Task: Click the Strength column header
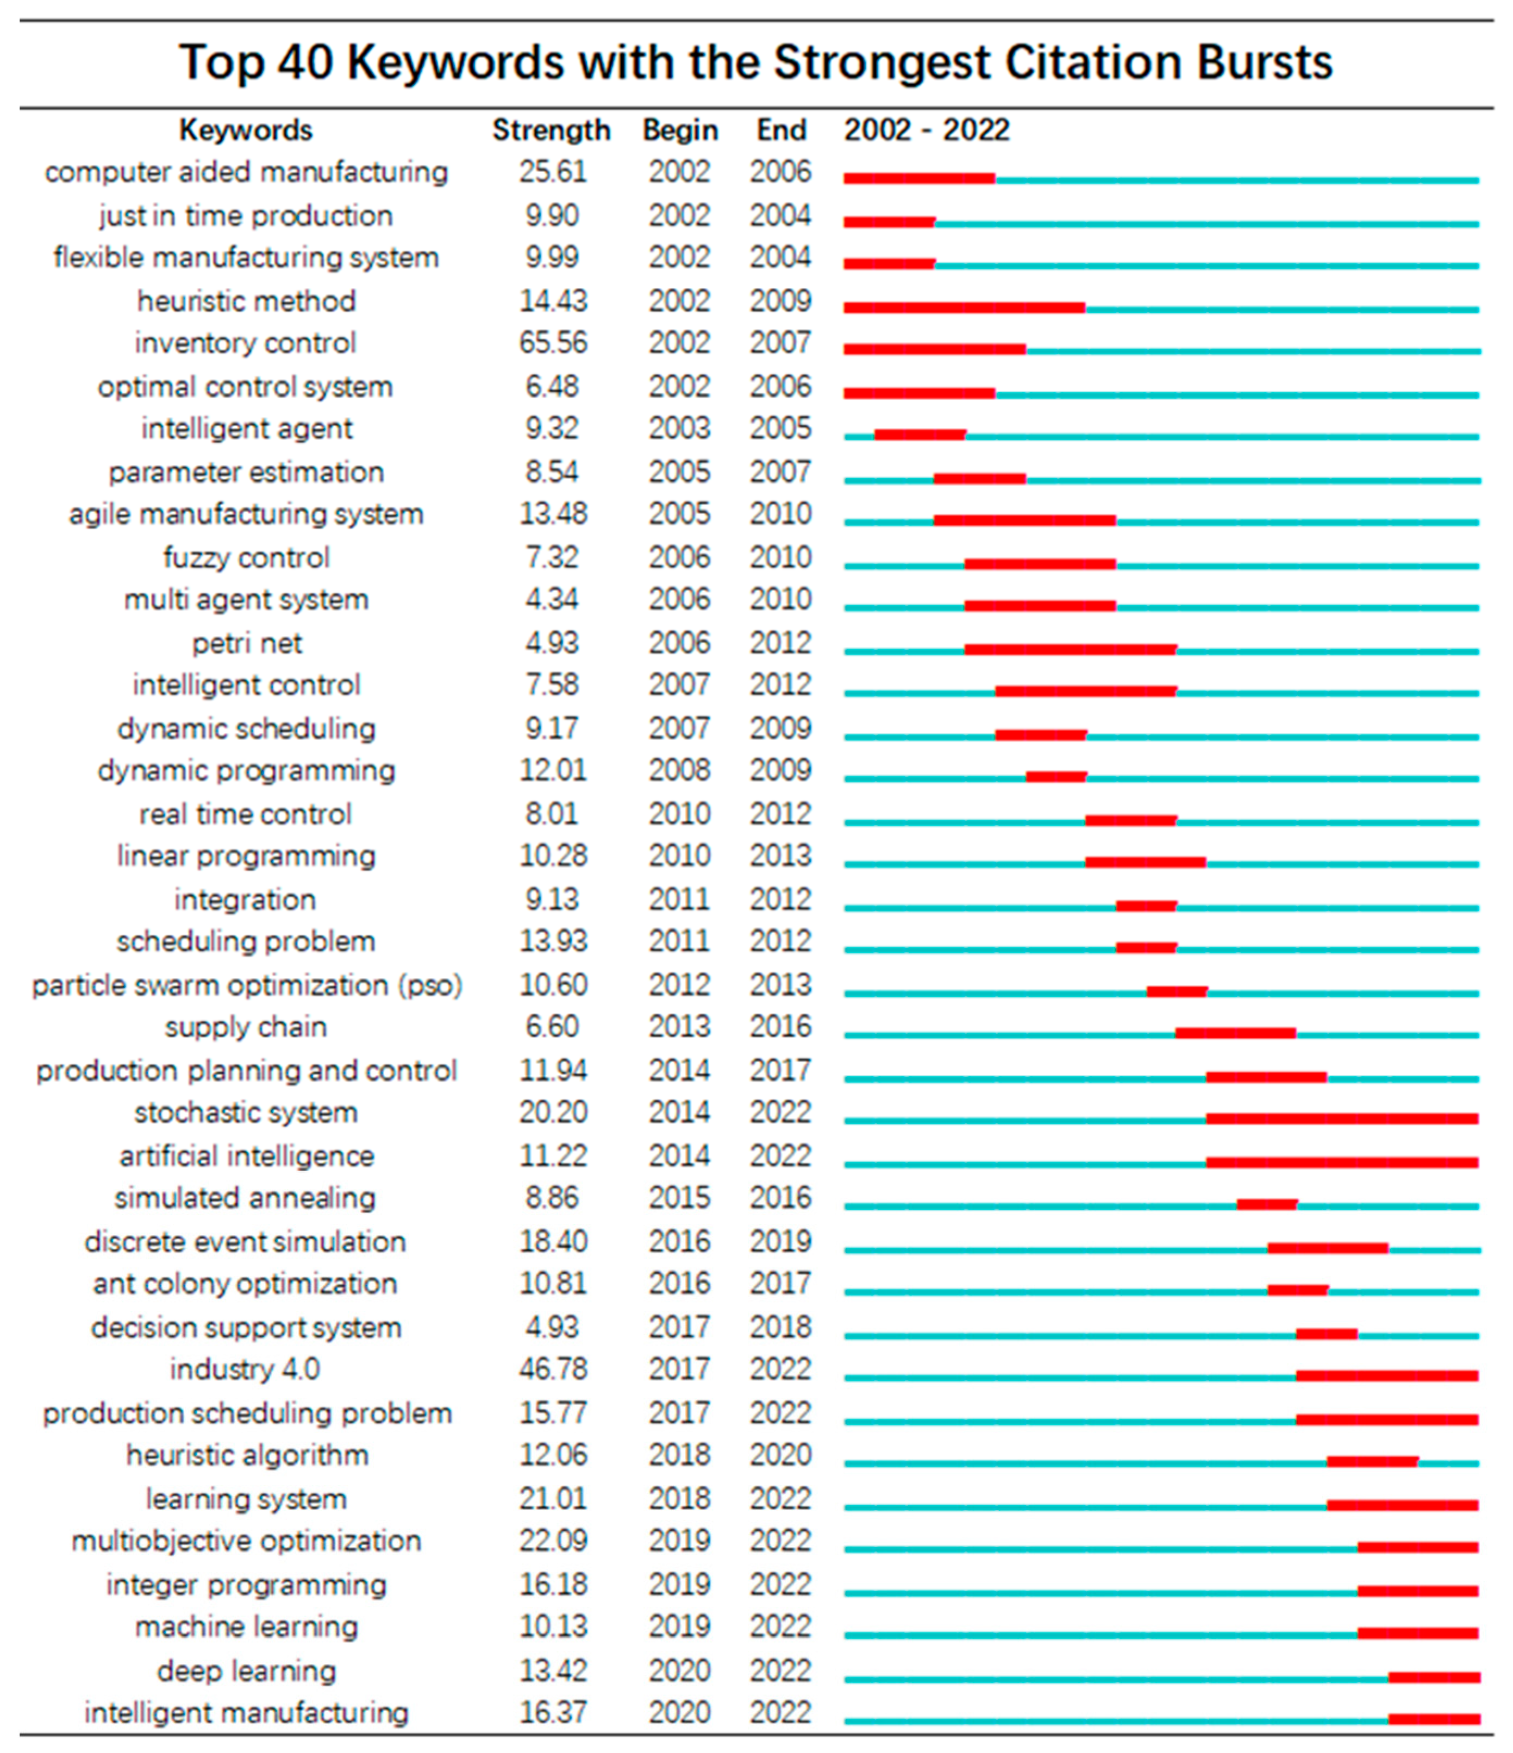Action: pyautogui.click(x=551, y=130)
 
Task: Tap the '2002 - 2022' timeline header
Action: pyautogui.click(x=927, y=130)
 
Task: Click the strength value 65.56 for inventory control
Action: pyautogui.click(x=553, y=343)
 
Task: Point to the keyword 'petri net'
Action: pyautogui.click(x=246, y=644)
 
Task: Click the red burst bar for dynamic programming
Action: pyautogui.click(x=1056, y=777)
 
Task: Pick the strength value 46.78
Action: pyautogui.click(x=553, y=1369)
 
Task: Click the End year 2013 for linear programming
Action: pyautogui.click(x=780, y=856)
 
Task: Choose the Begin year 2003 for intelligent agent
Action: pyautogui.click(x=679, y=429)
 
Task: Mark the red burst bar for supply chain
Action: pyautogui.click(x=1235, y=1033)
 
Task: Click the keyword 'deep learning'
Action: pyautogui.click(x=246, y=1672)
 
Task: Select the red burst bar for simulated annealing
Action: pyautogui.click(x=1267, y=1204)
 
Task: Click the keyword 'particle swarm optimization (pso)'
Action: pyautogui.click(x=246, y=985)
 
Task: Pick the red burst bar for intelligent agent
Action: pyautogui.click(x=920, y=435)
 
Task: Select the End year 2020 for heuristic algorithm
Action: pyautogui.click(x=780, y=1455)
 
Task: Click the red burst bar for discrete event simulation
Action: pyautogui.click(x=1328, y=1248)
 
